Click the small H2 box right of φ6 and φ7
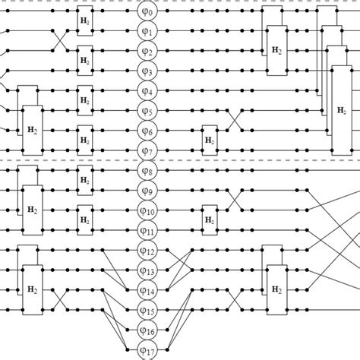click(x=208, y=141)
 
